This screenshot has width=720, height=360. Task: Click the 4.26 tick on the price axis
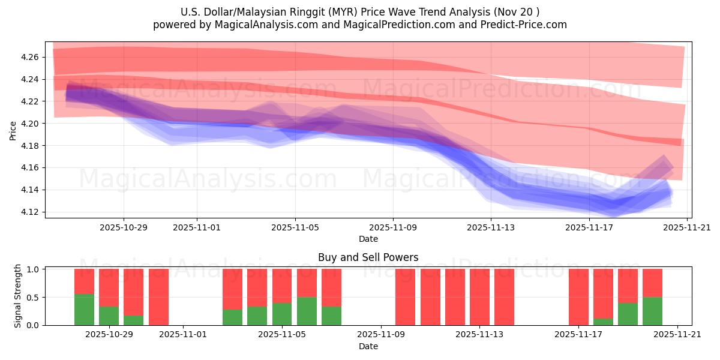coord(31,57)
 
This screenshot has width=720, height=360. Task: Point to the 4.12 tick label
coord(31,212)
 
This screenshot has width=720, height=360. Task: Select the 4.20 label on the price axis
coord(31,124)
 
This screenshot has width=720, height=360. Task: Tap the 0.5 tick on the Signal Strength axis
coord(34,298)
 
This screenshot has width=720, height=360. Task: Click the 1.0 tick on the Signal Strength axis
coord(34,269)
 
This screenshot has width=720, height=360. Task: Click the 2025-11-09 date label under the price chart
coord(393,227)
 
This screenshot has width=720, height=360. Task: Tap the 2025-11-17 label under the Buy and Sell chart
coord(578,335)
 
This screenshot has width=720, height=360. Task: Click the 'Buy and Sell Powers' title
coord(368,258)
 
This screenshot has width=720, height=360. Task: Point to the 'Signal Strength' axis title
coord(18,296)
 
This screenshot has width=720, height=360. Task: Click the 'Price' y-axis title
coord(13,130)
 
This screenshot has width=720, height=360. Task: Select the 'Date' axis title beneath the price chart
coord(368,239)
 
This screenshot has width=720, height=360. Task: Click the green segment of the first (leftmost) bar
coord(84,310)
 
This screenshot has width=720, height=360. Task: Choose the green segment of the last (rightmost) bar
coord(652,311)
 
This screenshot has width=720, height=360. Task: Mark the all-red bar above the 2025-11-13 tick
coord(479,297)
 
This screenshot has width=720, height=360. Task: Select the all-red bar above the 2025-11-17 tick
coord(578,297)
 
